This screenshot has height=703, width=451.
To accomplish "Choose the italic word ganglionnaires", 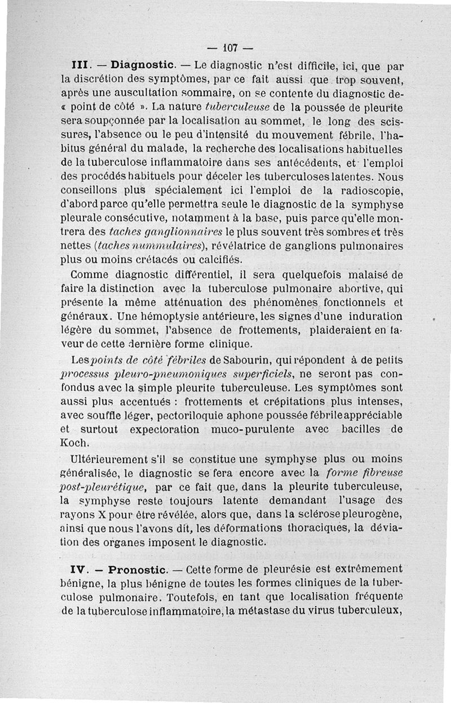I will tap(180, 232).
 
